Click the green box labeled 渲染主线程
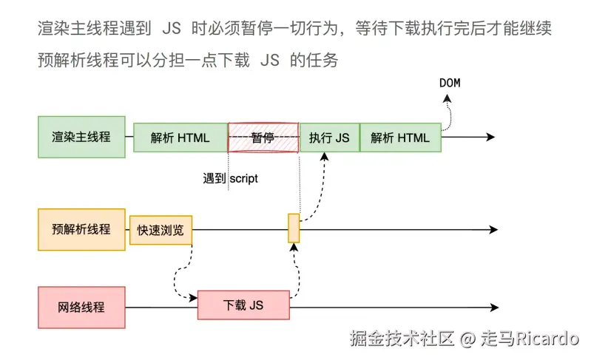pos(81,137)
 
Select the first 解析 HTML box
pos(180,137)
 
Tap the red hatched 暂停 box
pos(263,137)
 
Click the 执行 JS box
pos(329,137)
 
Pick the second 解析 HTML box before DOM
pos(400,137)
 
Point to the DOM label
pos(450,83)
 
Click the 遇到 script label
pos(231,178)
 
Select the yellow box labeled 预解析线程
pos(81,229)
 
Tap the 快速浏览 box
pos(161,230)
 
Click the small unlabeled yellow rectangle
pos(294,228)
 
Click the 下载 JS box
pos(243,305)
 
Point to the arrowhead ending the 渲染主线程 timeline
pos(490,137)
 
